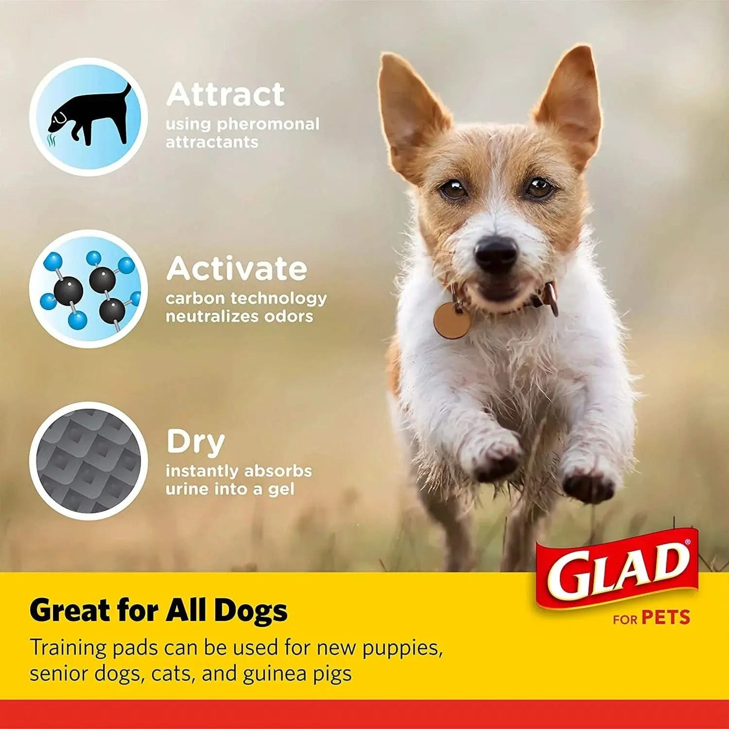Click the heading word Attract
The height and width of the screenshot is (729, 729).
[225, 94]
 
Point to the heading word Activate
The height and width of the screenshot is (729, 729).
[236, 268]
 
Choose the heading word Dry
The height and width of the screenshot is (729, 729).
[195, 442]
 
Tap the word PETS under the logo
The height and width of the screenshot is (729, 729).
[665, 618]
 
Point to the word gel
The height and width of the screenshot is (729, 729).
[281, 489]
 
